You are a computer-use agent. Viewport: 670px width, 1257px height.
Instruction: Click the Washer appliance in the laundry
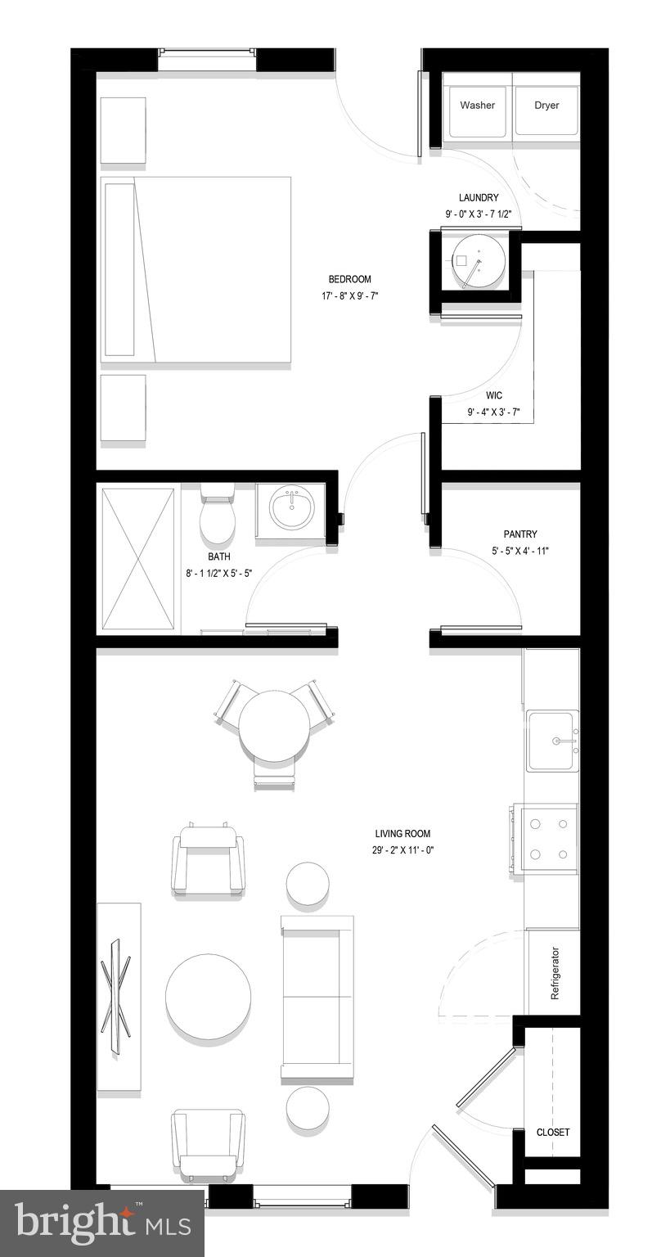coord(477,106)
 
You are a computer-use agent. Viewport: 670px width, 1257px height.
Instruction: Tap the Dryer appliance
coord(546,106)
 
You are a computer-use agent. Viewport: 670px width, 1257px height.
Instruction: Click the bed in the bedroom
coord(196,269)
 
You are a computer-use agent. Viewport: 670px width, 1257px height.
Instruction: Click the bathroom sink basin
coord(292,509)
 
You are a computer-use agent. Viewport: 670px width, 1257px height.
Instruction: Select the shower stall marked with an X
coord(137,559)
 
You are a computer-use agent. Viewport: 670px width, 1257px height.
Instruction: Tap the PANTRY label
coord(520,534)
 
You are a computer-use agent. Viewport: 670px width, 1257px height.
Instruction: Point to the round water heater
coord(476,263)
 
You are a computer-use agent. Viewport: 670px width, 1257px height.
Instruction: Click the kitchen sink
coord(552,741)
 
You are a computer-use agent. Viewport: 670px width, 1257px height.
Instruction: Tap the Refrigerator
coord(554,973)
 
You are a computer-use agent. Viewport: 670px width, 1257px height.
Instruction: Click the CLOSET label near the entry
coord(553,1133)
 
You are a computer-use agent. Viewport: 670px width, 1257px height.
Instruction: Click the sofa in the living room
coord(317,997)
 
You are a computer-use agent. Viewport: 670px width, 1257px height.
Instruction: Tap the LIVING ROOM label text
coord(402,834)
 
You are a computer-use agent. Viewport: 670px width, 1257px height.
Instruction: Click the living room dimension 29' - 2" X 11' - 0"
coord(402,850)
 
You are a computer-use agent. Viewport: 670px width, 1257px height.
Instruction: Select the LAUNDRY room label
coord(479,198)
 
